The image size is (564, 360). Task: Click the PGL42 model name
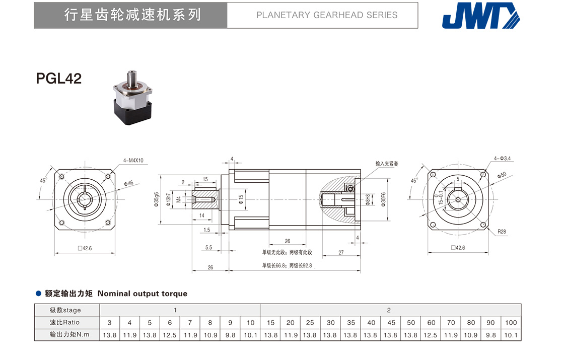coord(59,79)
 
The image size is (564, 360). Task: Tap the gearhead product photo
coord(133,96)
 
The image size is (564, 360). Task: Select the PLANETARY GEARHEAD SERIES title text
coord(327,15)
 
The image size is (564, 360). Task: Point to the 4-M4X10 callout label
coord(133,161)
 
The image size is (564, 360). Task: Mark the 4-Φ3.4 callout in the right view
coord(503,158)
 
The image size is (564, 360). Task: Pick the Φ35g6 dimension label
coord(157,200)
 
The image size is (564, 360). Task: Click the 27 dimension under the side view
coord(341,253)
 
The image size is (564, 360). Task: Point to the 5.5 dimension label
coord(209,247)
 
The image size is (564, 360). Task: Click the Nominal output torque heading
coord(142,294)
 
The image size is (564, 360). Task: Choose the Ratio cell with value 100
coord(511,322)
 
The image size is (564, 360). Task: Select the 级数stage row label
coord(65,310)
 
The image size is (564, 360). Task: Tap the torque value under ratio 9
coord(230,335)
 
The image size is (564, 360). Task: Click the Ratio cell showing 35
coord(350,322)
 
